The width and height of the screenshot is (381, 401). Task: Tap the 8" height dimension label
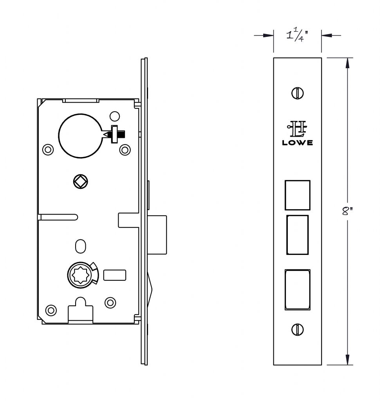[347, 211]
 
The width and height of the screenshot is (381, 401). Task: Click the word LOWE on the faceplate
[297, 143]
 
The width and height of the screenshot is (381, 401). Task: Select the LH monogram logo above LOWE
[297, 128]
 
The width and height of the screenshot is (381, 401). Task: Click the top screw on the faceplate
[297, 93]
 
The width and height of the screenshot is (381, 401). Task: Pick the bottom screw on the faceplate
[297, 329]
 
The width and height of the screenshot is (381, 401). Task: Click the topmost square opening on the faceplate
[297, 195]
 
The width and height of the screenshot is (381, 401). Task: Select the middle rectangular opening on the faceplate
[297, 235]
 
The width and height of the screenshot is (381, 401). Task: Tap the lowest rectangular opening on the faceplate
[297, 290]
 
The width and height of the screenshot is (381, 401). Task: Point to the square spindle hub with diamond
[81, 182]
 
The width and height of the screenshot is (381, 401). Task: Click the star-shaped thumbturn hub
[80, 275]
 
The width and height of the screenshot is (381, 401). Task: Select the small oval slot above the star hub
[81, 246]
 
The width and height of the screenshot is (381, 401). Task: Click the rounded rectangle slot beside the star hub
[115, 275]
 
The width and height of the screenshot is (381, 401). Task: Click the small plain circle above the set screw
[115, 116]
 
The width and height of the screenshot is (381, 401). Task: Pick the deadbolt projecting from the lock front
[157, 235]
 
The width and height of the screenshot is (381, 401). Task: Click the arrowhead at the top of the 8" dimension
[347, 63]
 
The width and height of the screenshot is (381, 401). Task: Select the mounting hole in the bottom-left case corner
[51, 310]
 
